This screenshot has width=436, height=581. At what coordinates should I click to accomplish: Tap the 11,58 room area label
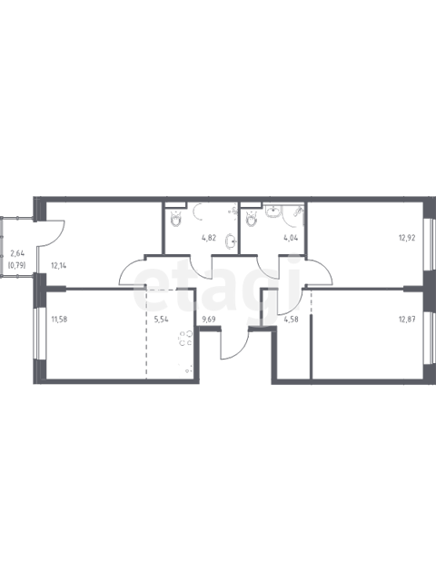59,319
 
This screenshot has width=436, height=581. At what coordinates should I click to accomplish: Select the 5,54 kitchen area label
162,319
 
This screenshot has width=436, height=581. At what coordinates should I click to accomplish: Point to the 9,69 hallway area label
209,319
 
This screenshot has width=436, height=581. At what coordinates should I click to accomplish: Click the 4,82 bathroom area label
209,238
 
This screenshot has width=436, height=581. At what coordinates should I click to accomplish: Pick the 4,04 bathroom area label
291,238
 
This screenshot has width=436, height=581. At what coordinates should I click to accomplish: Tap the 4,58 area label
291,319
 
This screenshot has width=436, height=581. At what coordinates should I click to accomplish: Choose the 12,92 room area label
407,238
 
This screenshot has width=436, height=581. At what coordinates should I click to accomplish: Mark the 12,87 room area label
407,319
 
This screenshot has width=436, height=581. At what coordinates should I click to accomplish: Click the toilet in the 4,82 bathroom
175,219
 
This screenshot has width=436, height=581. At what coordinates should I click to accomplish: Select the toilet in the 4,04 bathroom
252,219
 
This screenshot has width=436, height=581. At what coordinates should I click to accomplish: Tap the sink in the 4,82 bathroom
230,242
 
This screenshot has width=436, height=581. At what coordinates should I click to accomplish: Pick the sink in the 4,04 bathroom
273,212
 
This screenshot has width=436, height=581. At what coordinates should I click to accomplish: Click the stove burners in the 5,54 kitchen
185,338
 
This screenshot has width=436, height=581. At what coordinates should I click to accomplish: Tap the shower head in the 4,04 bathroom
298,212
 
